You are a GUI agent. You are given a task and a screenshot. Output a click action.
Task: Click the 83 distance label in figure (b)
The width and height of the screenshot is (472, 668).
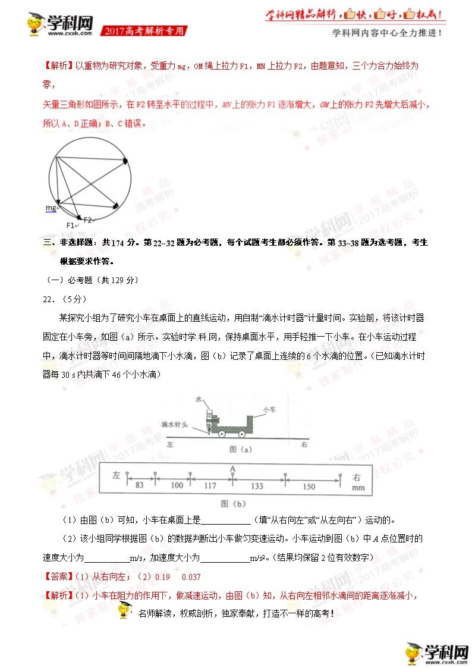pos(140,485)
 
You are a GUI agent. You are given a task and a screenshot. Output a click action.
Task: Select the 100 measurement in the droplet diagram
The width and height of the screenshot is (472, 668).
pos(177,485)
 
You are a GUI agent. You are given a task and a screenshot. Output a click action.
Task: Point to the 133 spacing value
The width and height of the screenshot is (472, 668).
pos(257,485)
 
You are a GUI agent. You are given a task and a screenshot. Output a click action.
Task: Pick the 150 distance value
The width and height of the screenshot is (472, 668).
pos(309,485)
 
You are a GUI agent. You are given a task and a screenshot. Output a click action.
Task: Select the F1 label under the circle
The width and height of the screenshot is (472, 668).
pos(71,225)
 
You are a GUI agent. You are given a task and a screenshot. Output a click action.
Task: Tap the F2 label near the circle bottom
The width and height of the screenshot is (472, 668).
pos(87,219)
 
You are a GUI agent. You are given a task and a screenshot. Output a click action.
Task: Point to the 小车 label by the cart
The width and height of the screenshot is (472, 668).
pos(269,409)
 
